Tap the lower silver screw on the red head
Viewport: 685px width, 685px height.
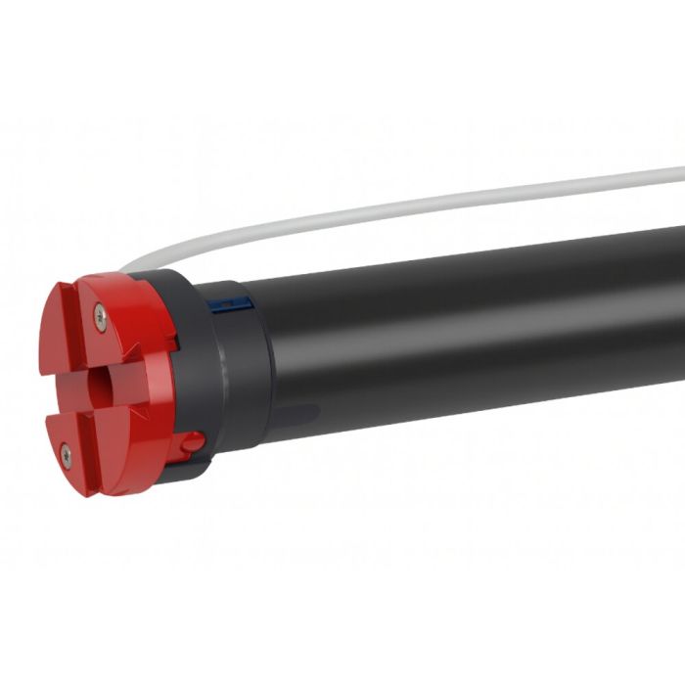[x=65, y=452]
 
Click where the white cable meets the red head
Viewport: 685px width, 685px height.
[x=125, y=268]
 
